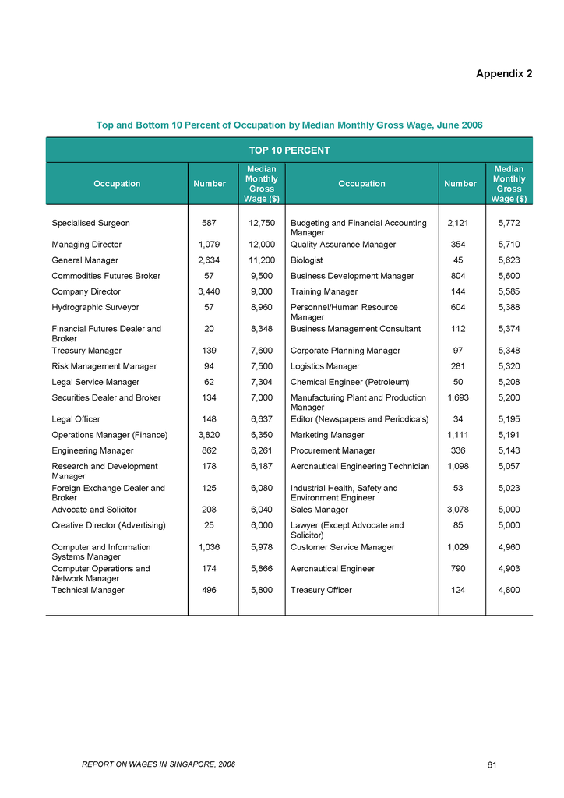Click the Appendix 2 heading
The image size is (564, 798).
click(504, 74)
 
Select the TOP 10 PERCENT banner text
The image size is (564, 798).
click(289, 150)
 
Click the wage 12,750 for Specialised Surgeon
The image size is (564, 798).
click(263, 223)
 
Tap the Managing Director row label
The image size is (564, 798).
click(86, 245)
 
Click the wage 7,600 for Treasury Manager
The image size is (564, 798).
click(263, 351)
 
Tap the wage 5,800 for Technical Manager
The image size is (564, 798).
click(263, 591)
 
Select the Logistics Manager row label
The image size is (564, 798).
click(325, 366)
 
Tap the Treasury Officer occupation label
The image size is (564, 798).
click(321, 591)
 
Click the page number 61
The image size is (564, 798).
click(492, 764)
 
